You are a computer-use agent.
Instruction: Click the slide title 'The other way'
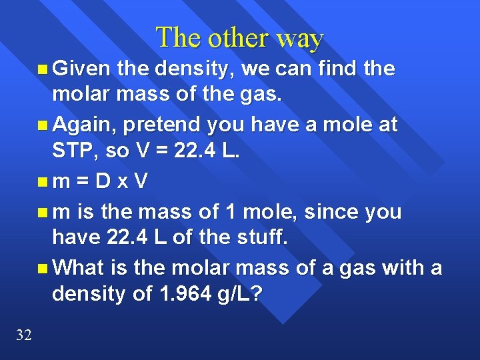(x=239, y=38)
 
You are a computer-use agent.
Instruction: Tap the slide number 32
(x=23, y=335)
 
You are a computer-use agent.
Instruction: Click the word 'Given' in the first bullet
(x=81, y=68)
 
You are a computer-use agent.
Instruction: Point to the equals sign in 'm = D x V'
(x=82, y=181)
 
